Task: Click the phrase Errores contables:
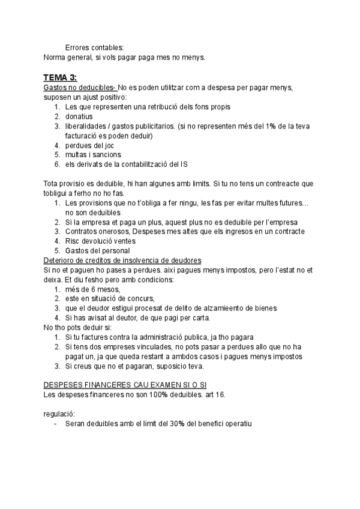(95, 47)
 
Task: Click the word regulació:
(60, 414)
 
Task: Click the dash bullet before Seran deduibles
(56, 423)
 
